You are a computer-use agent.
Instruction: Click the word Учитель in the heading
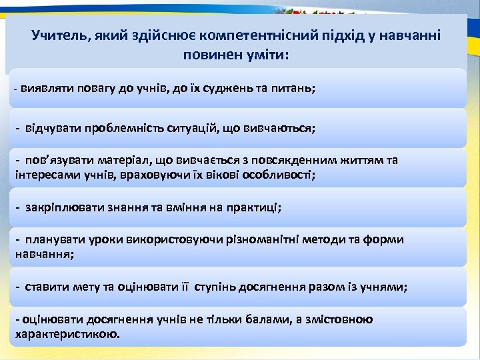55,35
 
